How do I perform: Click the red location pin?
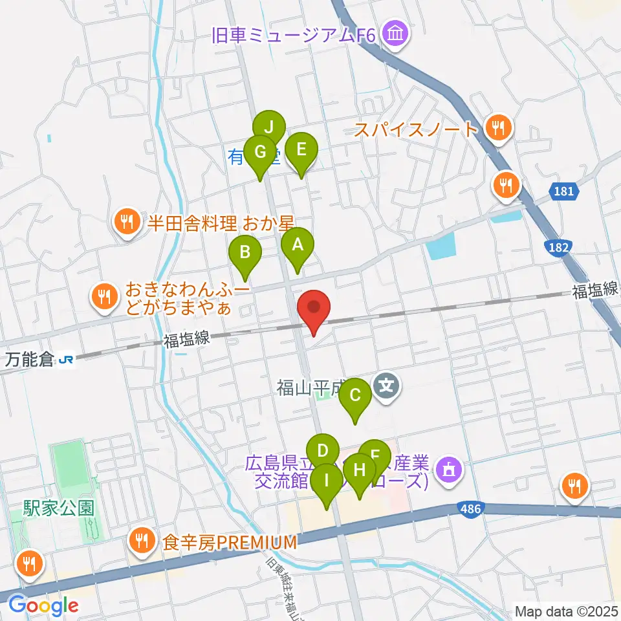point(314,309)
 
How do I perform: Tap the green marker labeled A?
point(298,246)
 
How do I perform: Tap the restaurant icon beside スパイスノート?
point(499,128)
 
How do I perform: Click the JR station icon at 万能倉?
point(65,359)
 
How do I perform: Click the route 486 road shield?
point(470,509)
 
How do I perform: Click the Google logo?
point(43,605)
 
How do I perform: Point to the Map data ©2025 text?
point(565,611)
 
